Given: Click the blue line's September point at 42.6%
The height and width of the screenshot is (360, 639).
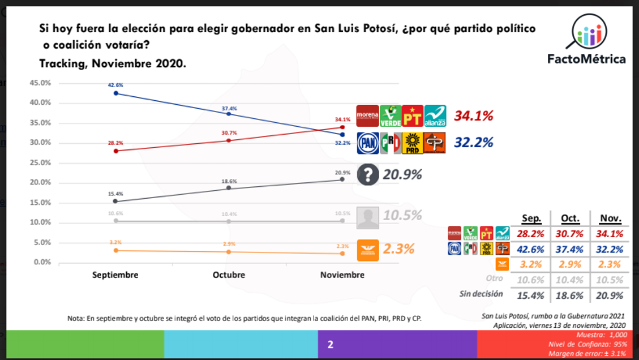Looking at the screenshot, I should click(x=115, y=93).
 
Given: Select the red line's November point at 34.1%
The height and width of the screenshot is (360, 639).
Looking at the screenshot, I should click(x=342, y=127).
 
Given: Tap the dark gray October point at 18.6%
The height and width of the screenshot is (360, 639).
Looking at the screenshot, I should click(x=229, y=188).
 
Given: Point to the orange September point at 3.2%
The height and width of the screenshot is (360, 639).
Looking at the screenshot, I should click(x=115, y=250).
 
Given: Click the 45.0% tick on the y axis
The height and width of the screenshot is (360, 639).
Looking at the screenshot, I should click(x=40, y=83).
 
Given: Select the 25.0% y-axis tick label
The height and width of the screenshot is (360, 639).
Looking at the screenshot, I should click(x=40, y=162).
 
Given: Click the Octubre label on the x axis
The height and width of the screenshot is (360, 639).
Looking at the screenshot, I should click(x=229, y=275).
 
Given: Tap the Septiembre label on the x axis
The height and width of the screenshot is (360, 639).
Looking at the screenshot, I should click(x=115, y=275).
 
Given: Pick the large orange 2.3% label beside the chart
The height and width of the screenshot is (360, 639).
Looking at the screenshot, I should click(x=398, y=248).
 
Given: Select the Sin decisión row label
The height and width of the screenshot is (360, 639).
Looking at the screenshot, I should click(x=481, y=294).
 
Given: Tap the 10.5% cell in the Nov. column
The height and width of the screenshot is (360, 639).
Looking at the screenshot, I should click(x=609, y=280).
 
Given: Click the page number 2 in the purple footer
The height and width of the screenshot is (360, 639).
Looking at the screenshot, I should click(x=331, y=344).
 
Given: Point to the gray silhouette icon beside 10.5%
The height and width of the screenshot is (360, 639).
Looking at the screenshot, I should click(x=368, y=217).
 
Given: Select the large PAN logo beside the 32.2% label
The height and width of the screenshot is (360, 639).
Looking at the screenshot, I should click(x=367, y=143).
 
